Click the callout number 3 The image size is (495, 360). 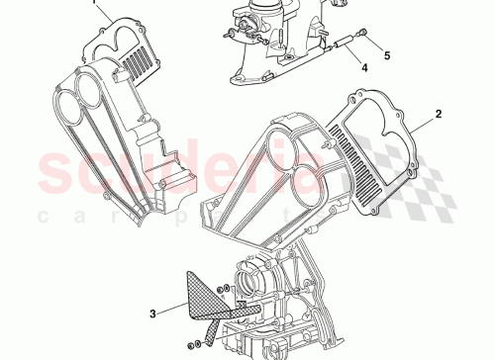[151, 315]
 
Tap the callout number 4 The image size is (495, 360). [363, 68]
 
